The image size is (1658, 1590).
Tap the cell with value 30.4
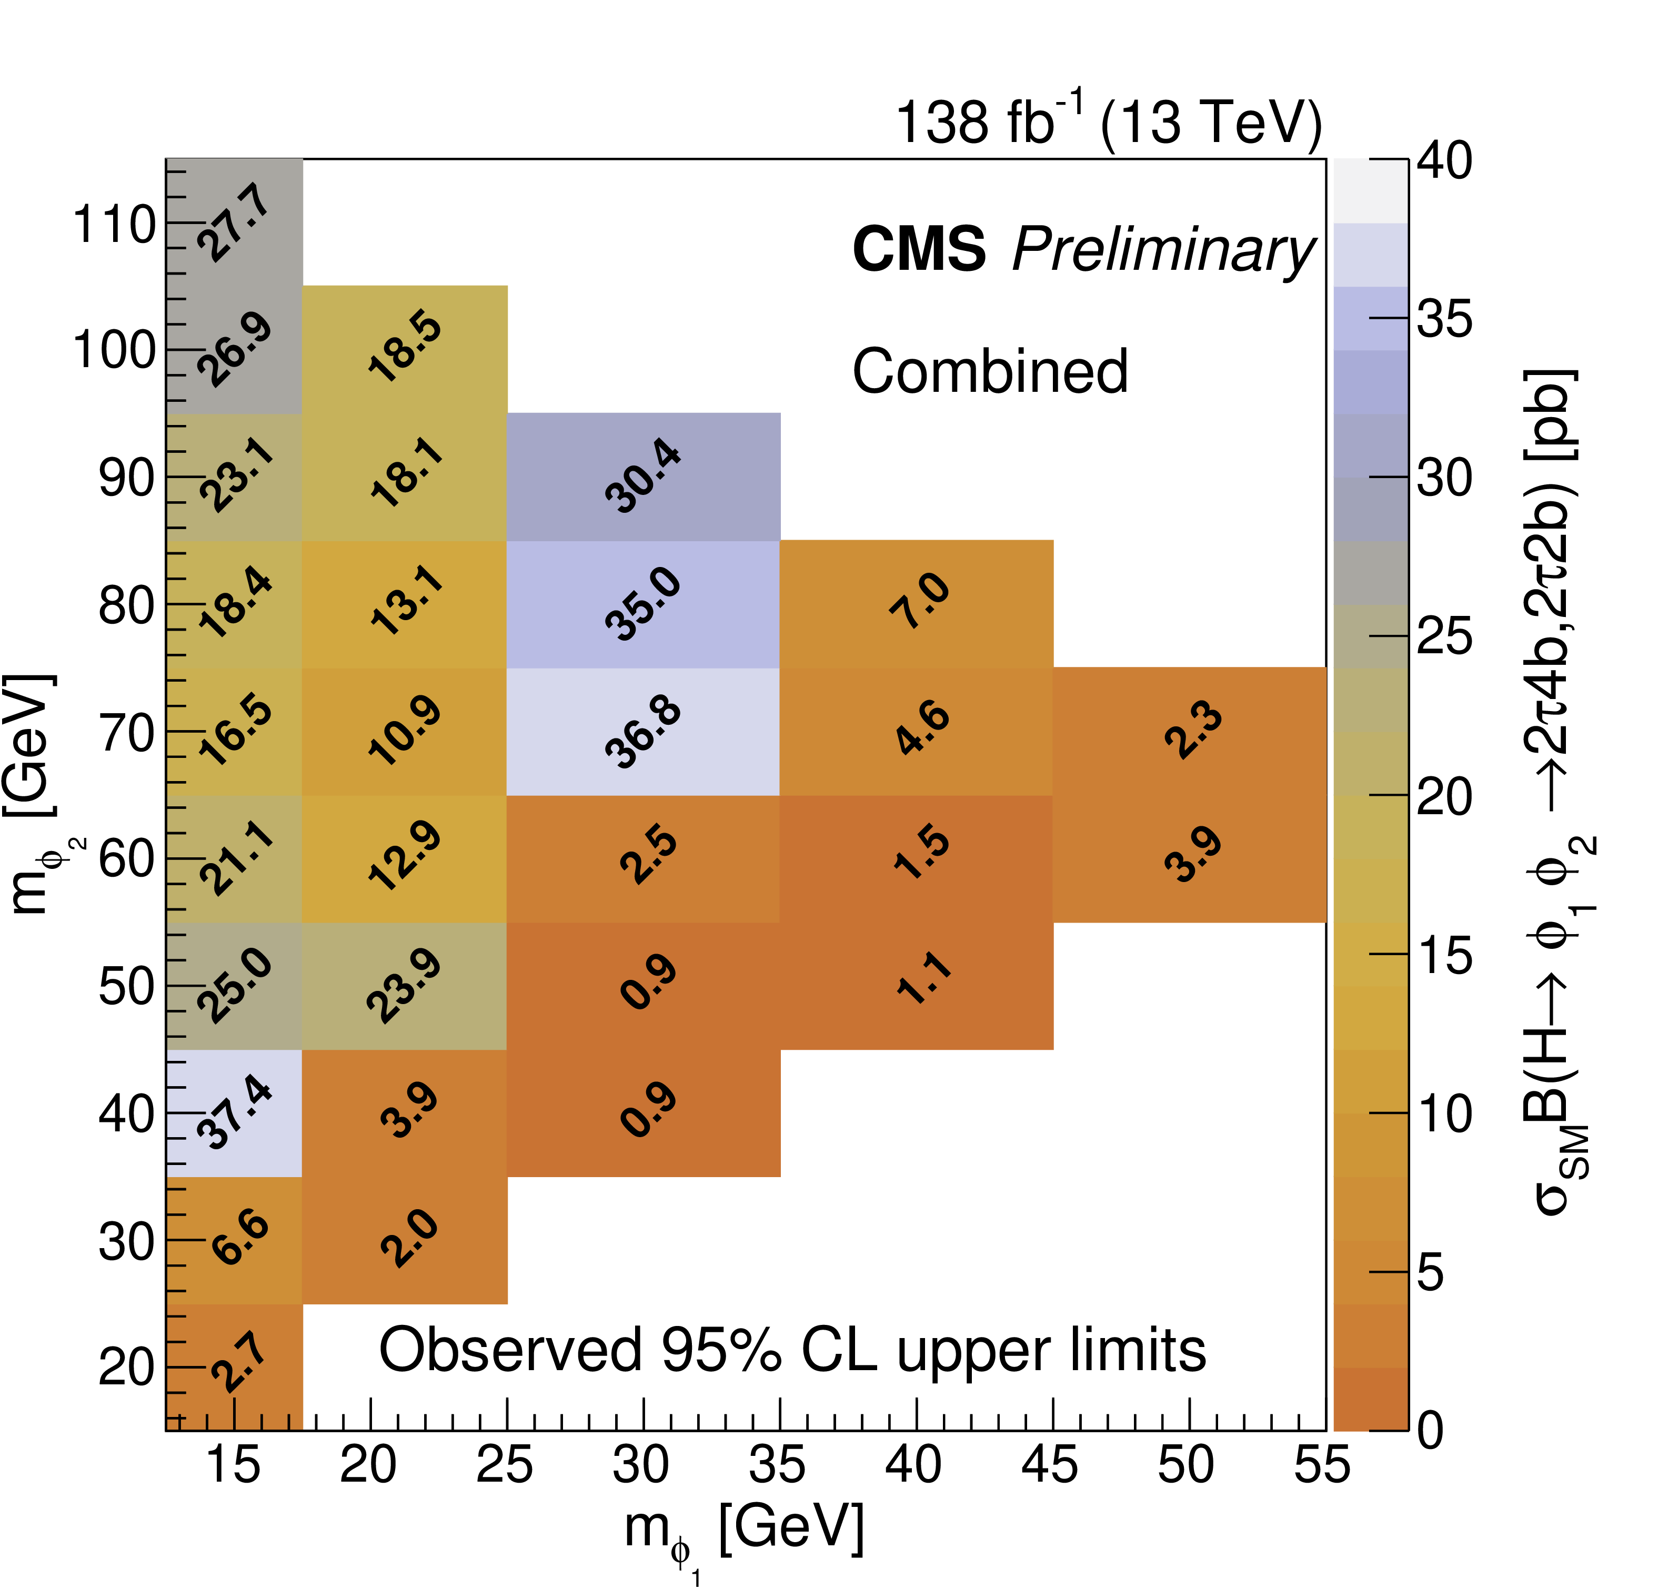(x=643, y=477)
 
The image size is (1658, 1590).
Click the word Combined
(x=990, y=372)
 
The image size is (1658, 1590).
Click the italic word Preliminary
(x=1163, y=251)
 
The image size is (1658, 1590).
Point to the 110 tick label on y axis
(x=114, y=225)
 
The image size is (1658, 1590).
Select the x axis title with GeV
(x=745, y=1529)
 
